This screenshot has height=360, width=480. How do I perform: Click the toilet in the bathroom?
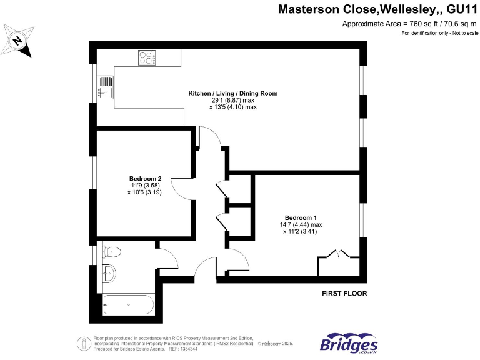pos(111,252)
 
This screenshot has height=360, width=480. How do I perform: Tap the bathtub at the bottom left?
pos(127,305)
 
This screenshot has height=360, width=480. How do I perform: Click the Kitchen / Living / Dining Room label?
pos(232,93)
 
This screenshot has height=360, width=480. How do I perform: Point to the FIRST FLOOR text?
pos(344,293)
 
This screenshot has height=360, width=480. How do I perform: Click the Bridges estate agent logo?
pos(349,343)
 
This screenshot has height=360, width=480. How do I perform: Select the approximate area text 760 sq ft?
pos(410,24)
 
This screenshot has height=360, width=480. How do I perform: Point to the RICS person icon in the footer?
pos(83,343)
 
